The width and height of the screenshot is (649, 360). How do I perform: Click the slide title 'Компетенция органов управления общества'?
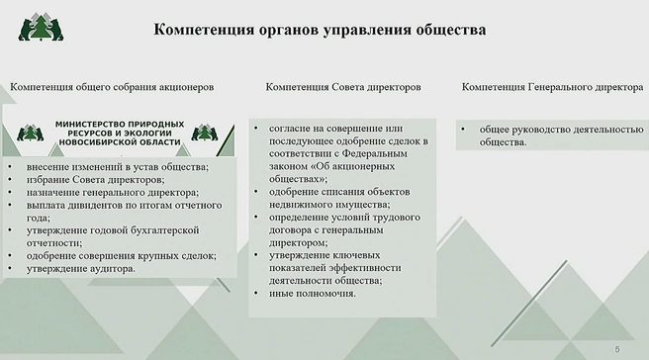tap(320, 30)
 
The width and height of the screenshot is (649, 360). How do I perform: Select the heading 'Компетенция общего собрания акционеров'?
tap(112, 87)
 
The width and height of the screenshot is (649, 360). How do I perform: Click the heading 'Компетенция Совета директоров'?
tap(343, 87)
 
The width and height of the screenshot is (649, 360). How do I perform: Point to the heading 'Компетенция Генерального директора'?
tap(552, 87)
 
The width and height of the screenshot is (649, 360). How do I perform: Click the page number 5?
tap(617, 349)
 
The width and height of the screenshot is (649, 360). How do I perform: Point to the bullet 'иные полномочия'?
tap(312, 293)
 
